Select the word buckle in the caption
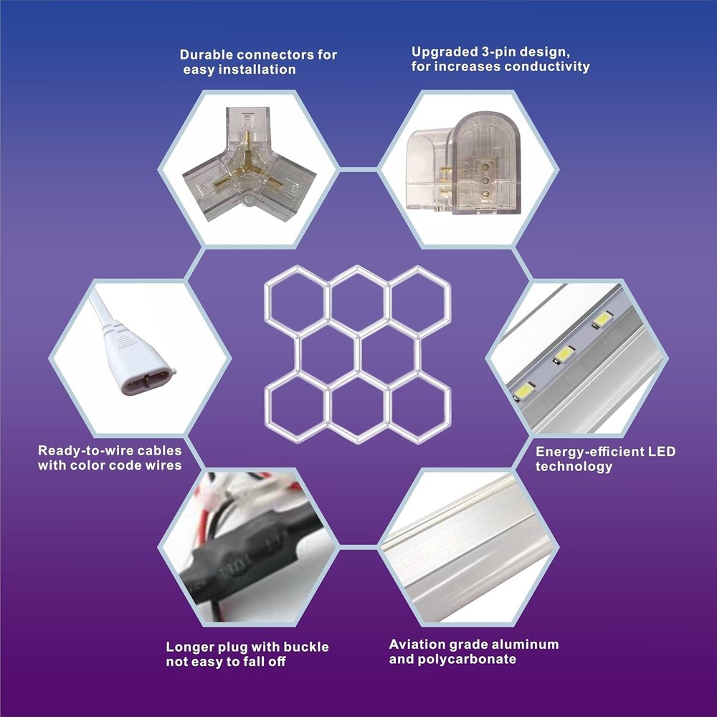(x=306, y=647)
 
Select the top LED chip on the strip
(x=603, y=319)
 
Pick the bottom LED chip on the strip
(x=524, y=391)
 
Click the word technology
(x=574, y=467)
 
